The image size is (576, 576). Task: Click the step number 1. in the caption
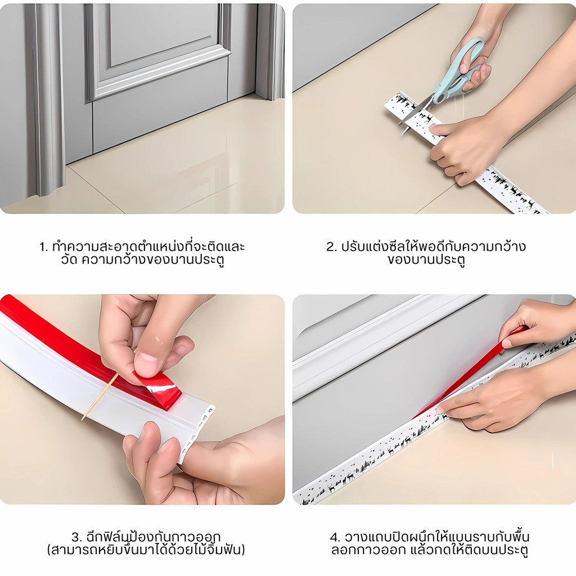coord(44,247)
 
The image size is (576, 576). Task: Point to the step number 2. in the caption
coord(331,247)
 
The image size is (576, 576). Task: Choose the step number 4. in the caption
coord(335,537)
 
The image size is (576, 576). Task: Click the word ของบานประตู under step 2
coord(426,260)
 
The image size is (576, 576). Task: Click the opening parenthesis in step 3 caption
coord(49,550)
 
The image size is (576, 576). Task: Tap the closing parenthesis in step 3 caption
coord(243,550)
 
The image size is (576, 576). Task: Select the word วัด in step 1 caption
coord(69,259)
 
